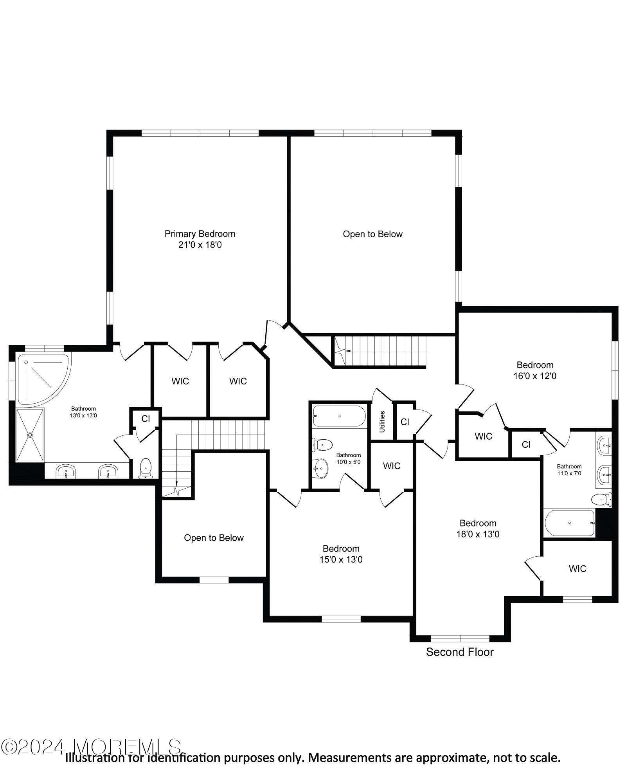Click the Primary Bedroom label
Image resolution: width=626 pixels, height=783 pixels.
point(200,234)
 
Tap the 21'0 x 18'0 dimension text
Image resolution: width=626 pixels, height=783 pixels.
point(200,245)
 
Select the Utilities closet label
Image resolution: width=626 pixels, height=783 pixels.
point(382,421)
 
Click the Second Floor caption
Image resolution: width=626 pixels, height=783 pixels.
point(459,652)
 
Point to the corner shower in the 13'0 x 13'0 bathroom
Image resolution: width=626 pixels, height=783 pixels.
point(41,378)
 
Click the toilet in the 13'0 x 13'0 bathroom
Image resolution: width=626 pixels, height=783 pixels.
point(146,467)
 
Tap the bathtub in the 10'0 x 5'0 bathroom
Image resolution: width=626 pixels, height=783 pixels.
point(339,416)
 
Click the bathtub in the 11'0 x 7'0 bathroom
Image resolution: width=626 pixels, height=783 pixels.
point(570,523)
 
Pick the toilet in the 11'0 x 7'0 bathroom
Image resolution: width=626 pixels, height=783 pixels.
point(600,500)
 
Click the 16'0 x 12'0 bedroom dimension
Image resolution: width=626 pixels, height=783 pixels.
point(534,376)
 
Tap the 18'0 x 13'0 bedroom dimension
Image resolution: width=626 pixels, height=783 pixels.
point(477,534)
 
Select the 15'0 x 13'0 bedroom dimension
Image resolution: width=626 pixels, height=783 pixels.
point(341,559)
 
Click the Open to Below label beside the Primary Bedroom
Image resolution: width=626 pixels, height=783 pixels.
point(372,234)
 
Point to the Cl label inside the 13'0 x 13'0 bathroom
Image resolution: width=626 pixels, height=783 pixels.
point(146,419)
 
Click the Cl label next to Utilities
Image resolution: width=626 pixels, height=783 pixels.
point(405,422)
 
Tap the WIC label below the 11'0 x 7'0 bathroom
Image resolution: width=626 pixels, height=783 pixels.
point(577,568)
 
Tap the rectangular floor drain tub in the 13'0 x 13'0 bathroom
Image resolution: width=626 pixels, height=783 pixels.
point(30,435)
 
